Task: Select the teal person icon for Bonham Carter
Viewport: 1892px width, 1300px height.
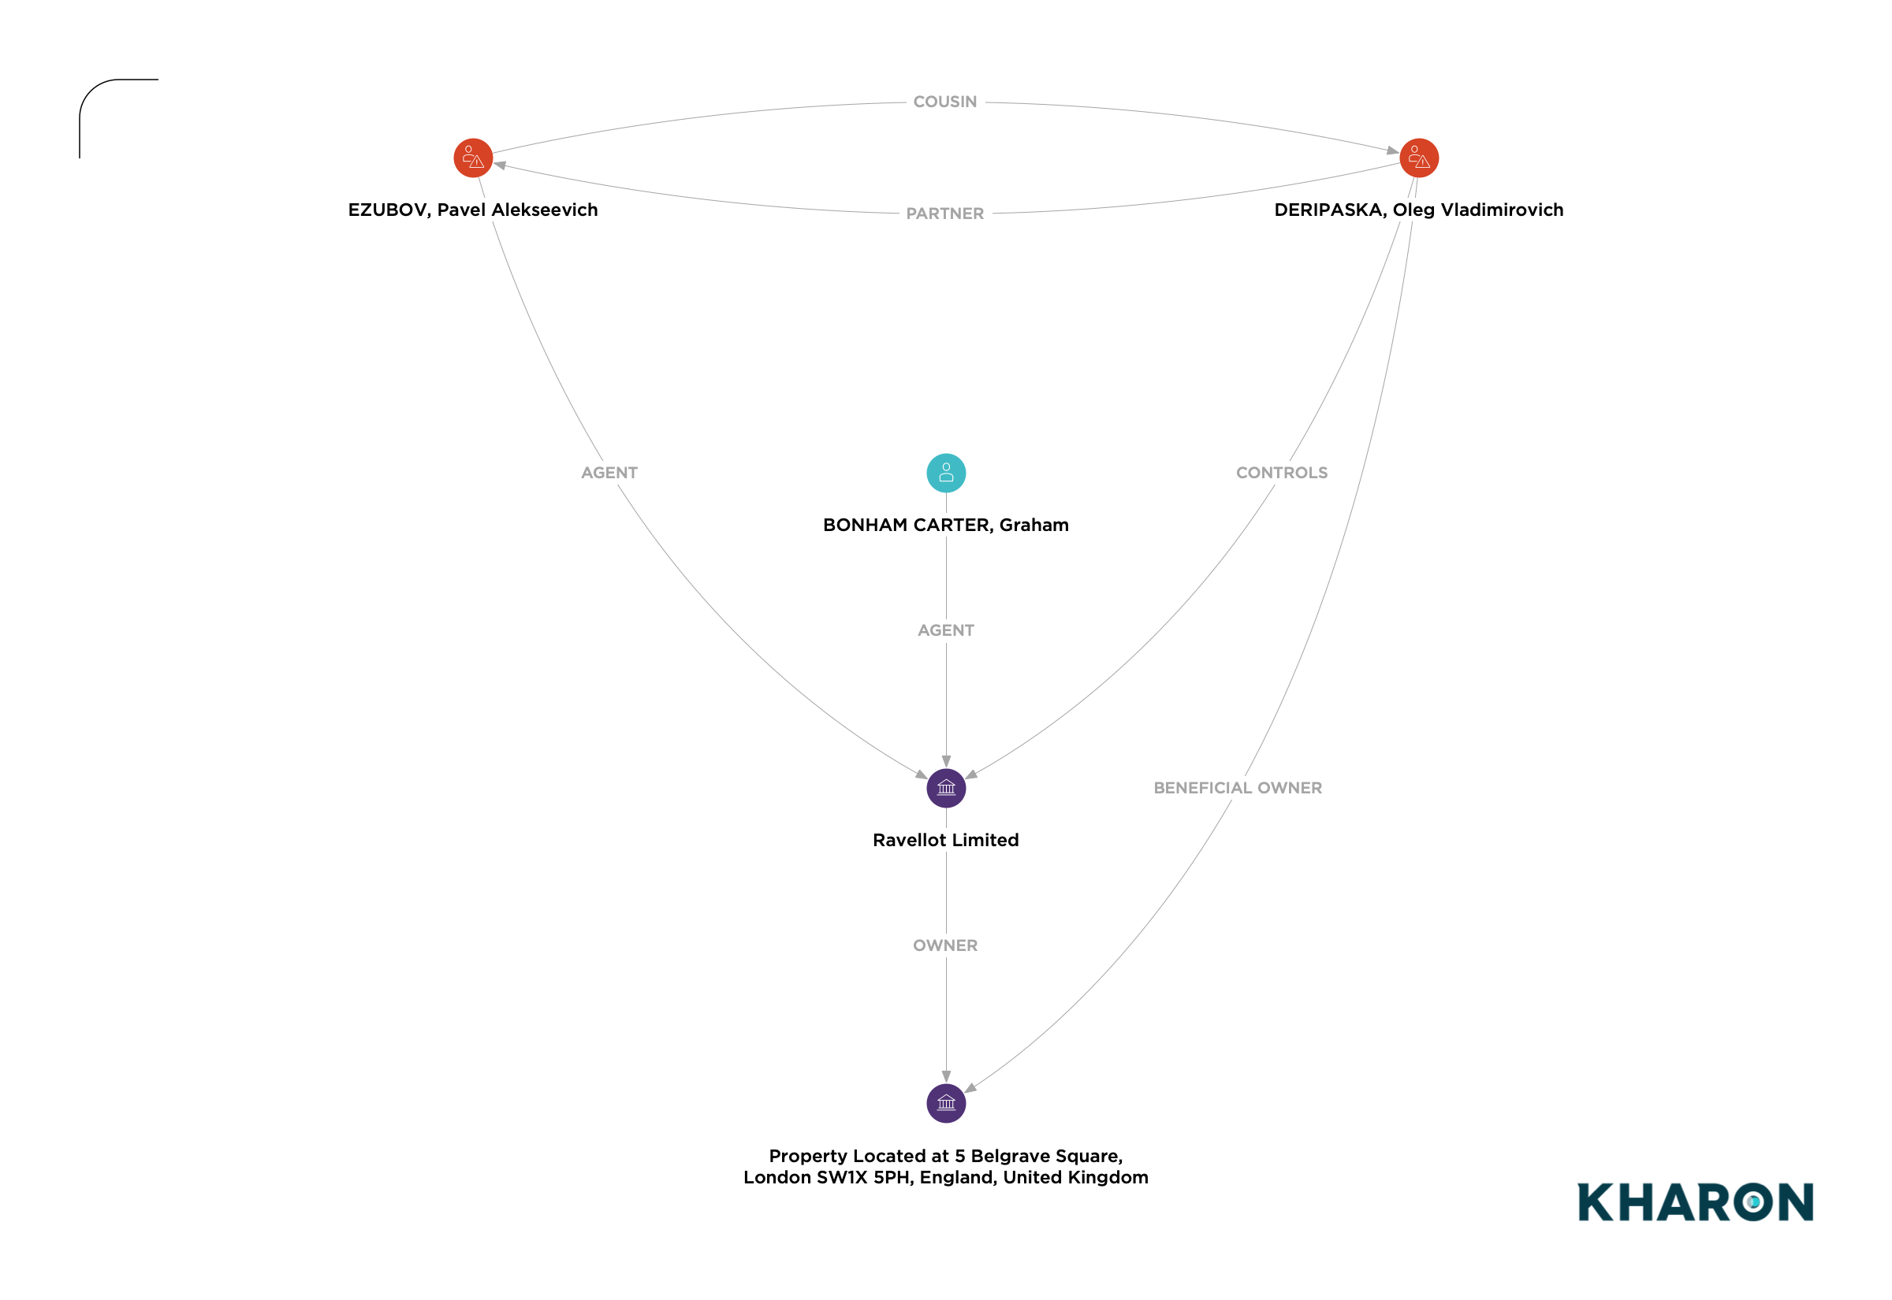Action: (x=946, y=474)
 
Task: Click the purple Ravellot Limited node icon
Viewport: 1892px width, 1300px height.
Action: (x=946, y=789)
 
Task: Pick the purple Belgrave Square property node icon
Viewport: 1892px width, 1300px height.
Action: (x=946, y=1104)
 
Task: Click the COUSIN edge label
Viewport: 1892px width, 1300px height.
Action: (x=945, y=102)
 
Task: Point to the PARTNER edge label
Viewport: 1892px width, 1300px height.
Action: (x=945, y=214)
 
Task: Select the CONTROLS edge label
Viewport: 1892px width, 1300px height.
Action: (x=1282, y=474)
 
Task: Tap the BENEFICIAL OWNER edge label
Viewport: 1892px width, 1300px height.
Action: (x=1238, y=789)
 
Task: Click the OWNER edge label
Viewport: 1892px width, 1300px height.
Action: (x=945, y=945)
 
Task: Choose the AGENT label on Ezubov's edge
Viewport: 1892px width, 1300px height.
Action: (x=609, y=474)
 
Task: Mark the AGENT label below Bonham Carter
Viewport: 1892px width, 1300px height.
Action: (x=946, y=630)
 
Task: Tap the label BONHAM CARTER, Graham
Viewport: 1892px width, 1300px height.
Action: (x=946, y=526)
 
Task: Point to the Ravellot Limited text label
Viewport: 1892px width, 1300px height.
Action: (x=946, y=841)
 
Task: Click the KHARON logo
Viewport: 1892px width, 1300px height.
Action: (x=1696, y=1202)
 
